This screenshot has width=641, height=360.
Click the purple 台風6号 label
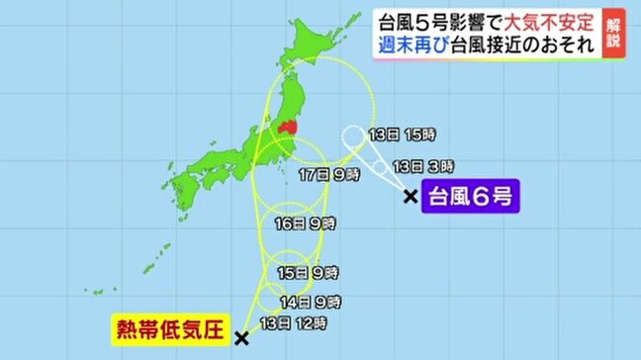pyautogui.click(x=469, y=197)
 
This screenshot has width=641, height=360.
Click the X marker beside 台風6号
pyautogui.click(x=411, y=197)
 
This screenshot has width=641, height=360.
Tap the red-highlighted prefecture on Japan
pyautogui.click(x=288, y=128)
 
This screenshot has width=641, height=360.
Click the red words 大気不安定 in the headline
pyautogui.click(x=550, y=20)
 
